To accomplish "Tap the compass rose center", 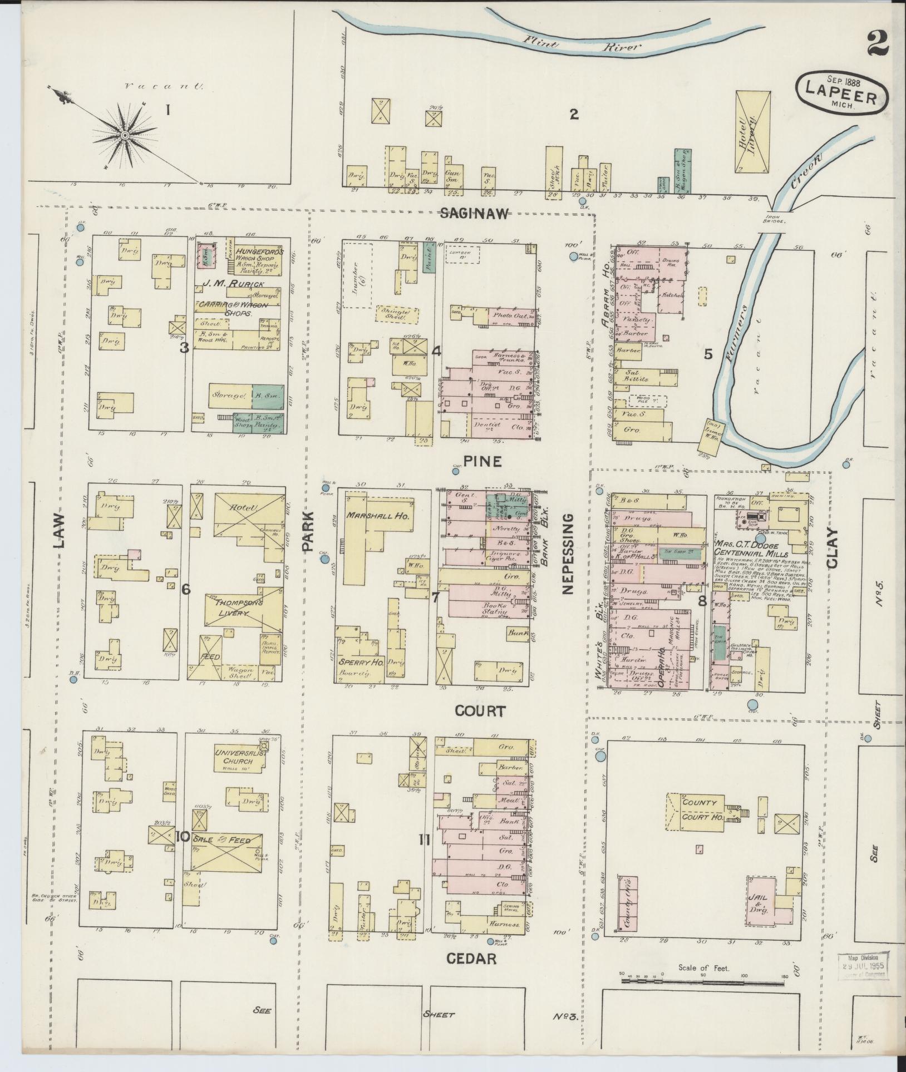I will (x=125, y=135).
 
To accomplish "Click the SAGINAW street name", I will (x=474, y=214).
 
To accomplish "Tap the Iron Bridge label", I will (x=774, y=218).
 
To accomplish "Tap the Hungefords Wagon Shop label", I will (x=259, y=256).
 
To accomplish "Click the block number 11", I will (x=425, y=841).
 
